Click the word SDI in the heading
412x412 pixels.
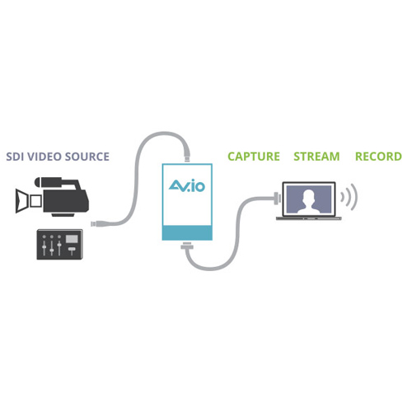click(x=16, y=157)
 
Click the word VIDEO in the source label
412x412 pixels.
click(x=44, y=157)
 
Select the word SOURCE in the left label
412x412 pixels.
click(x=87, y=157)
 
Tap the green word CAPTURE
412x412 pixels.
click(x=254, y=157)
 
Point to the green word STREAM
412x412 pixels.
click(x=316, y=157)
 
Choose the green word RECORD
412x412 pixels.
click(x=378, y=157)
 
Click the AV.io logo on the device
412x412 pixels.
click(x=187, y=185)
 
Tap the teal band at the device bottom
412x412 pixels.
click(x=187, y=233)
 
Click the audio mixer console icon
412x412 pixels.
click(x=59, y=245)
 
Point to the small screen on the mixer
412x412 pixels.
click(x=72, y=239)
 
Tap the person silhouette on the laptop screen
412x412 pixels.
click(x=309, y=201)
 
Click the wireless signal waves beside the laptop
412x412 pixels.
click(x=349, y=197)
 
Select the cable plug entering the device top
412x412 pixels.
click(x=187, y=154)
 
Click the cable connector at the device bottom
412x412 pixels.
click(x=187, y=246)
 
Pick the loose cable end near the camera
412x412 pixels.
click(x=96, y=223)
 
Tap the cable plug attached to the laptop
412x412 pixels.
click(x=277, y=198)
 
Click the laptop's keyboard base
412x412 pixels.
click(x=309, y=218)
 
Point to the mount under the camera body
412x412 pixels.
click(x=63, y=214)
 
